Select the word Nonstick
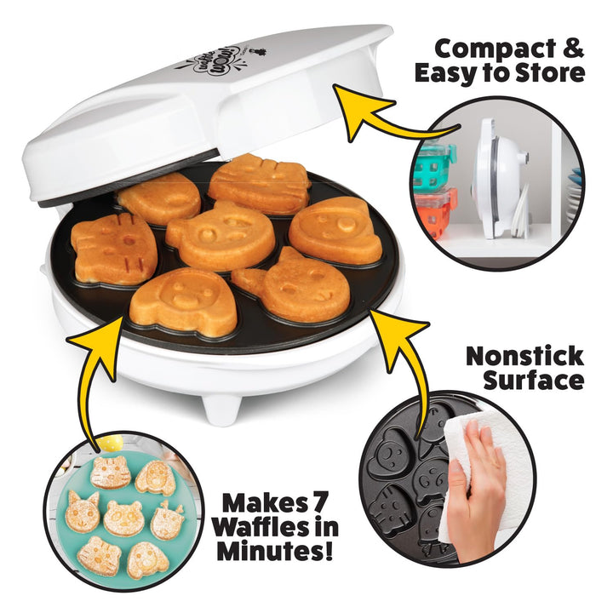click(x=524, y=355)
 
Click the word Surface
click(x=534, y=381)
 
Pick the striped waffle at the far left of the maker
click(x=113, y=248)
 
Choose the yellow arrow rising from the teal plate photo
click(x=92, y=375)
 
